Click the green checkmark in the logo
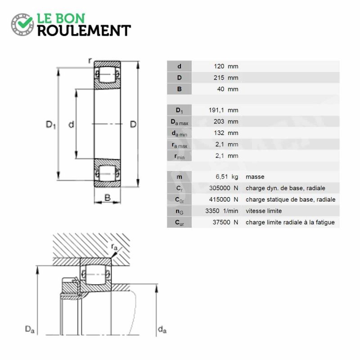click(x=22, y=23)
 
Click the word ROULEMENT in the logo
click(x=84, y=30)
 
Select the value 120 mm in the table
click(x=225, y=66)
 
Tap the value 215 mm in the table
click(x=225, y=77)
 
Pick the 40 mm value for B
click(x=227, y=89)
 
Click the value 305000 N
click(x=224, y=188)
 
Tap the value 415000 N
click(x=224, y=199)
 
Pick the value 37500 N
click(x=225, y=222)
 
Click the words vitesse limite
click(x=264, y=211)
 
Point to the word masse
click(x=255, y=177)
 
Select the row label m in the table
click(x=179, y=177)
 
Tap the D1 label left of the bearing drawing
click(x=51, y=125)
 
